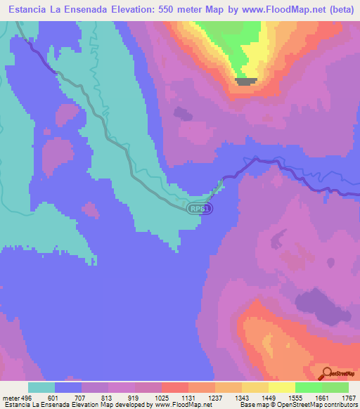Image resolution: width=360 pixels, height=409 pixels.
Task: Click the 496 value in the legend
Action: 24,398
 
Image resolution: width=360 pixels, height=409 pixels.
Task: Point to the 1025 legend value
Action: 161,398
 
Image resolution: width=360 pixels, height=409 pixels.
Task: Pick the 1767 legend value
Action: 348,398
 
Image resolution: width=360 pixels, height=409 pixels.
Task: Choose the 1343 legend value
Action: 241,398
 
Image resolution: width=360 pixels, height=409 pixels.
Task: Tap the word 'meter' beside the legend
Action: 10,398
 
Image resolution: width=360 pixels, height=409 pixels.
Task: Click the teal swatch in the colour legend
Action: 41,387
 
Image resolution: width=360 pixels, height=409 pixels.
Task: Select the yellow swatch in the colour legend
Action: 281,387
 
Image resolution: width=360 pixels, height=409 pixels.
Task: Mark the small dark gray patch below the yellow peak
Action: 245,82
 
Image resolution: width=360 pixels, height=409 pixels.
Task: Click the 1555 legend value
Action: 295,398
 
